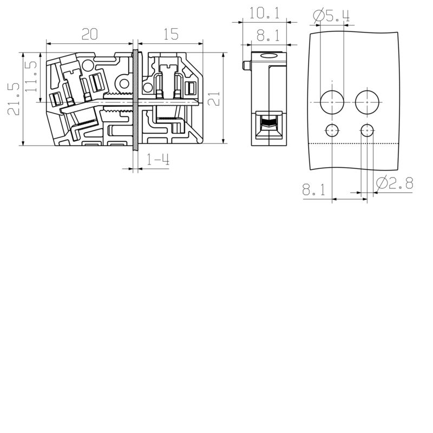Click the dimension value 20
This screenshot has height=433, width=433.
[89, 35]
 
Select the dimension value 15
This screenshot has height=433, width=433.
[170, 35]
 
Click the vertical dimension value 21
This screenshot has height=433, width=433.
[214, 99]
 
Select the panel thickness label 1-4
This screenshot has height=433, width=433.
[158, 160]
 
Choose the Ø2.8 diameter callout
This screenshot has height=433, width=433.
[394, 184]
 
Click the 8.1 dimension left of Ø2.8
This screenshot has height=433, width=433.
[313, 190]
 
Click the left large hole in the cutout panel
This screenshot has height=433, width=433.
[331, 102]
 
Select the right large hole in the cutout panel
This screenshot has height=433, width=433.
[367, 102]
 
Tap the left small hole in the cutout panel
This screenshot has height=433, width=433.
[331, 130]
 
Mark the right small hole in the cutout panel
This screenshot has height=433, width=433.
[367, 130]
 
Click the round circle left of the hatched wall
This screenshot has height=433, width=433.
[124, 84]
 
